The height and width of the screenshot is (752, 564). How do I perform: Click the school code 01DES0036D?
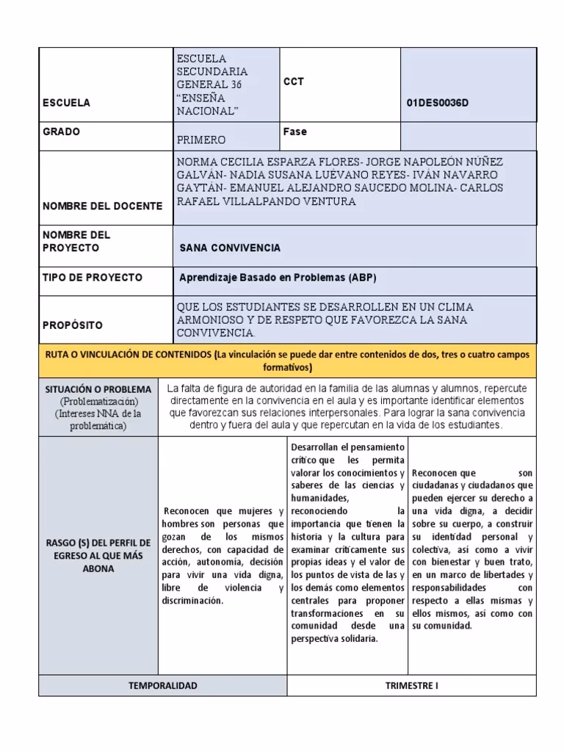point(438,103)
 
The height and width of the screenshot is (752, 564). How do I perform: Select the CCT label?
point(294,82)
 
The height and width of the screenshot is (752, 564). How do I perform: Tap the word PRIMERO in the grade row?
point(202,140)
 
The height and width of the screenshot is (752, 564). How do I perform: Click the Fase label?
point(294,132)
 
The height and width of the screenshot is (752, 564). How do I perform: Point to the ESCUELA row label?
point(66,104)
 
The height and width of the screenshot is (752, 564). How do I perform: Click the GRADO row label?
point(62,132)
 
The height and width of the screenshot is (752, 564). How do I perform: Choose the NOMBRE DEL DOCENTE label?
point(102,206)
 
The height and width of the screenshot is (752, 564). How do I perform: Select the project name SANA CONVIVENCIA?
point(230,248)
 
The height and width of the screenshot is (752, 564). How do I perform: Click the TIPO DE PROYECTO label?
point(93,278)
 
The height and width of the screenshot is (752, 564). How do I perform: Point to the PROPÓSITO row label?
point(73,325)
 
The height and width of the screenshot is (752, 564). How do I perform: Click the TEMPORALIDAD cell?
point(162,685)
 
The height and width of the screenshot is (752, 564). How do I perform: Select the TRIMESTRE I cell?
point(411,685)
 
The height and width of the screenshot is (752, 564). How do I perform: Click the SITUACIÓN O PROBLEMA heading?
point(98,389)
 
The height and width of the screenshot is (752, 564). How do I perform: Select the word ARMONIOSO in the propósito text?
point(211,320)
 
